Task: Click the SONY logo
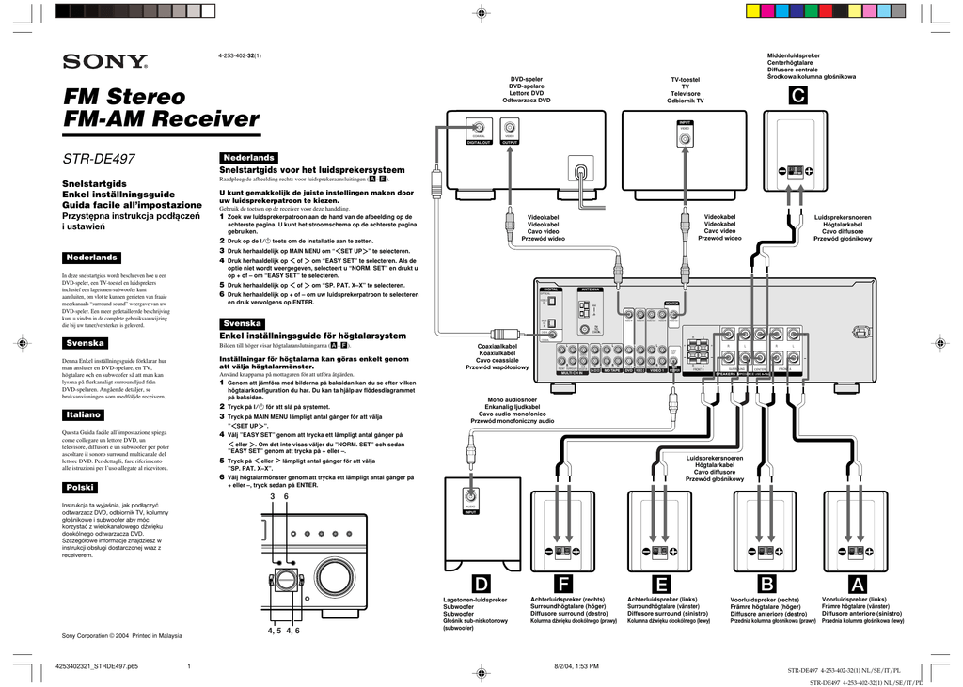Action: (x=104, y=62)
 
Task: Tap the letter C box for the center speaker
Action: (x=797, y=96)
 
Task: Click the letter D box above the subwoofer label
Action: (x=479, y=586)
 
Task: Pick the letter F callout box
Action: (x=563, y=586)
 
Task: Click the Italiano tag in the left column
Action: (x=84, y=414)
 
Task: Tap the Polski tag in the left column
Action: (x=78, y=487)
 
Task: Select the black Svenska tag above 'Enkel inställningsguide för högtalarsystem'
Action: (x=242, y=322)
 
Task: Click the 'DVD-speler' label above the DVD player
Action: (x=527, y=79)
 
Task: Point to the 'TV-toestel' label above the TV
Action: (x=685, y=80)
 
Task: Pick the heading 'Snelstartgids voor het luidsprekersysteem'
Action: (x=311, y=169)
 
